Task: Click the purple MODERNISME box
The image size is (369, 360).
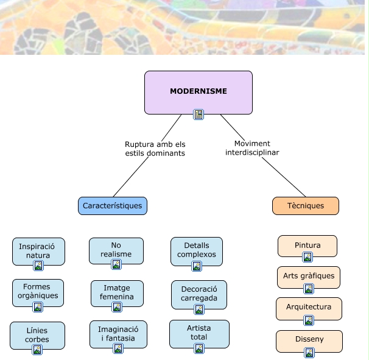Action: [x=198, y=91]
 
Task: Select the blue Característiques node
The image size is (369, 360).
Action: [x=113, y=206]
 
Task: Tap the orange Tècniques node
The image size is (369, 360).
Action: [x=305, y=206]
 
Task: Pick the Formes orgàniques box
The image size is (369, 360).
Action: [x=37, y=291]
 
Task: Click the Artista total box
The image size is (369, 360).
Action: [x=199, y=331]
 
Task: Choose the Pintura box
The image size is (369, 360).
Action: [x=307, y=245]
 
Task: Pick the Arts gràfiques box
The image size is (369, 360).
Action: [x=309, y=275]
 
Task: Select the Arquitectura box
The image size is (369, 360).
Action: [x=309, y=307]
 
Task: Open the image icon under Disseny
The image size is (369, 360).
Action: [x=309, y=352]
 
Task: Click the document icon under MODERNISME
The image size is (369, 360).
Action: [x=198, y=114]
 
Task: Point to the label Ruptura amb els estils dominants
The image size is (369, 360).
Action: [x=155, y=149]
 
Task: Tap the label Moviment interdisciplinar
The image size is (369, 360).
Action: [x=252, y=148]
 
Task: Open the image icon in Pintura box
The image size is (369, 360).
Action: [x=307, y=257]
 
